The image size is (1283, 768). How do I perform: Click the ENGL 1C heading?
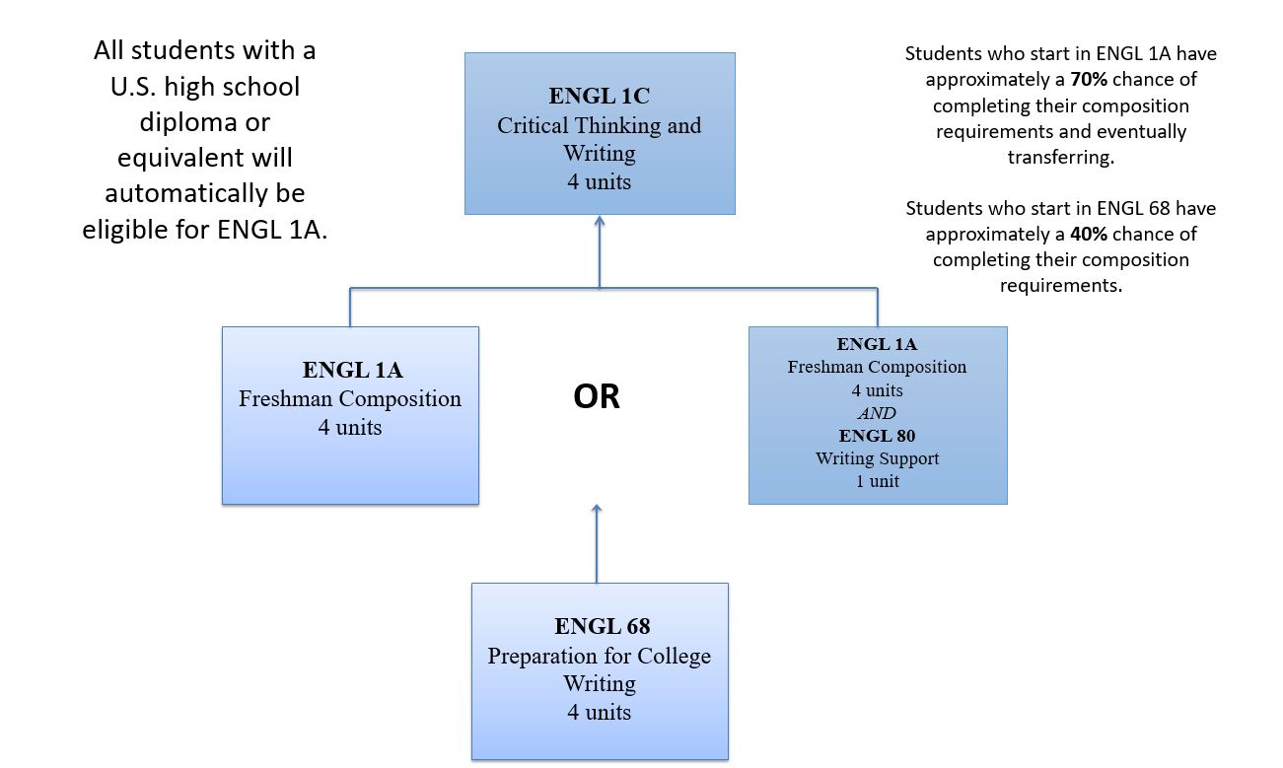coord(600,96)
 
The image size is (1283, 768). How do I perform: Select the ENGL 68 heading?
coord(602,626)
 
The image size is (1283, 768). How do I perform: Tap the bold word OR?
coord(597,396)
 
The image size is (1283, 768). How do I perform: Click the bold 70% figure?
coord(1089,79)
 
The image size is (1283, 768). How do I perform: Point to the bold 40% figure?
coord(1089,234)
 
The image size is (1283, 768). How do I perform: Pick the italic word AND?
coord(877,413)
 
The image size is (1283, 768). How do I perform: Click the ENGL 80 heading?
coord(877,435)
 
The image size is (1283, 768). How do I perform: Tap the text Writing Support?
coord(877,458)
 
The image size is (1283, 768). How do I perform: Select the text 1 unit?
coord(877,481)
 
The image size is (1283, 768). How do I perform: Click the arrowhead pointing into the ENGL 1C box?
coord(600,221)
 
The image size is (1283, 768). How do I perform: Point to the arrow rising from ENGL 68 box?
coord(597,543)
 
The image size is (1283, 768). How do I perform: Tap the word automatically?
coord(185,193)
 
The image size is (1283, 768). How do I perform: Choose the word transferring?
coord(1061,157)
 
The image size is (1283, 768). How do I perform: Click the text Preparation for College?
coord(600,656)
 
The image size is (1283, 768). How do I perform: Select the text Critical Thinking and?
coord(600,125)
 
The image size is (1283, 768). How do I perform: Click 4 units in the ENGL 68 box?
coord(600,712)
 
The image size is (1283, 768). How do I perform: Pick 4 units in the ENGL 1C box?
coord(600,181)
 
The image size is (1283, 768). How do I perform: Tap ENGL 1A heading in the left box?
coord(352,370)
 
